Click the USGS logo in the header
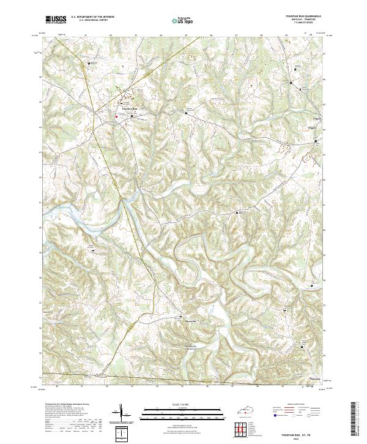pyautogui.click(x=56, y=20)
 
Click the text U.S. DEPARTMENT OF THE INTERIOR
pyautogui.click(x=93, y=17)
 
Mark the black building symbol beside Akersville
pyautogui.click(x=181, y=316)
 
